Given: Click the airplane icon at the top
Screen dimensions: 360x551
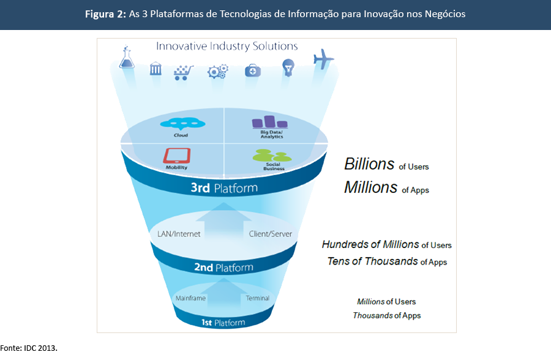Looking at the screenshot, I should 323,60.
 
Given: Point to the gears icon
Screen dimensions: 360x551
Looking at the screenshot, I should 217,71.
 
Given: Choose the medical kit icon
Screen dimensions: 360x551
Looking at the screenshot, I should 252,70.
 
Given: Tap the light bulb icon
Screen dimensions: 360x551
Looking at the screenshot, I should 287,67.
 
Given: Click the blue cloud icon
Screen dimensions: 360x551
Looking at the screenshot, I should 182,123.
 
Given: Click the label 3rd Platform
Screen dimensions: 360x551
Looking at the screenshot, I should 224,188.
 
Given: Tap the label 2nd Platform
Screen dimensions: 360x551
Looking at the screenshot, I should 223,267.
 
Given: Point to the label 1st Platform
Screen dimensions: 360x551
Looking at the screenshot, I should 223,322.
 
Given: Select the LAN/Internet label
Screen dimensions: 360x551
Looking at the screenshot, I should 175,234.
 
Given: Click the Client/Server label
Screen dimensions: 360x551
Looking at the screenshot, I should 271,234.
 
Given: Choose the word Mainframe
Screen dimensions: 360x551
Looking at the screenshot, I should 190,298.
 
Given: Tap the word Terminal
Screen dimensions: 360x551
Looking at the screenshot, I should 258,298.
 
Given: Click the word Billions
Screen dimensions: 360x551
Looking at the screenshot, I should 369,164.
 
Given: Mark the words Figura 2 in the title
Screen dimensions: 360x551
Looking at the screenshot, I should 106,14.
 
